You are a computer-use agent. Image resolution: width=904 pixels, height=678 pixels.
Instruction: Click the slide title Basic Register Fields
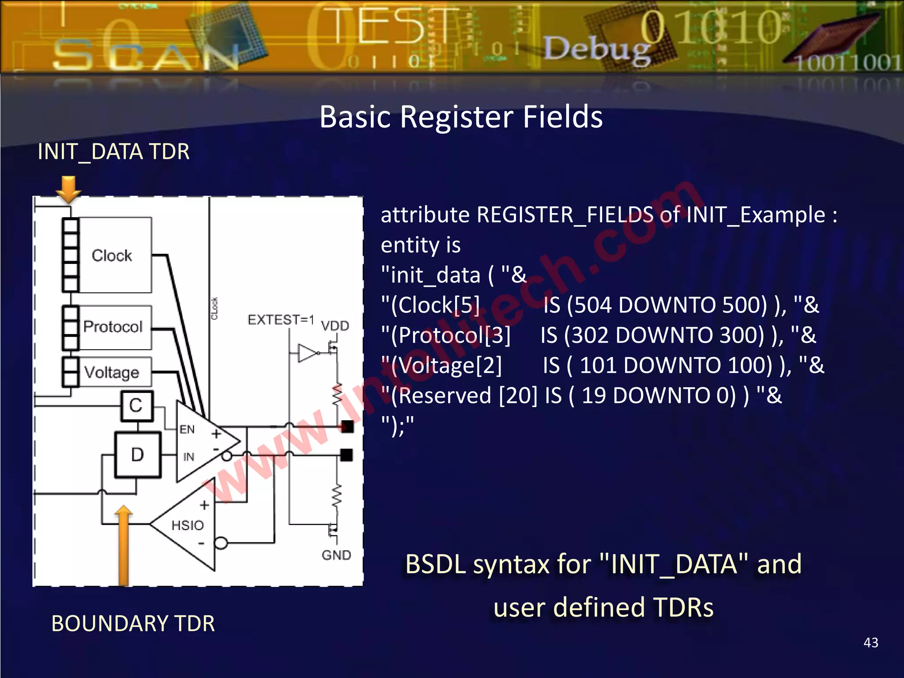point(461,117)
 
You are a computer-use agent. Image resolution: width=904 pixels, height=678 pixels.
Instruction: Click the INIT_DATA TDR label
point(113,152)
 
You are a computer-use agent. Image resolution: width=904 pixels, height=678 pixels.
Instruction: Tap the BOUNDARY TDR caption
point(133,623)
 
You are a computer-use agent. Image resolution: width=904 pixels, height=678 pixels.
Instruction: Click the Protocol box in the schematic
point(114,327)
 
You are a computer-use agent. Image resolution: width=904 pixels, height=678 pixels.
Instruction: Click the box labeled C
point(137,406)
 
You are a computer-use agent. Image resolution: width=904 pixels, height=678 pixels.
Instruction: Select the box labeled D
point(138,455)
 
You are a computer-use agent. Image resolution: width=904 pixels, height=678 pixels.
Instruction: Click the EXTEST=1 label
point(281,319)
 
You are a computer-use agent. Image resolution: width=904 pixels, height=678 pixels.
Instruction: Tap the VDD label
point(335,326)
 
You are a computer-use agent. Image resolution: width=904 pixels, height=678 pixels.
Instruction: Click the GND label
point(336,555)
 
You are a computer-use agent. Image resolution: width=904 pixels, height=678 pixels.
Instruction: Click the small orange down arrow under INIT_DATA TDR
point(68,189)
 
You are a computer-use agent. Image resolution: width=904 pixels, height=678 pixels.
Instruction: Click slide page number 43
point(870,642)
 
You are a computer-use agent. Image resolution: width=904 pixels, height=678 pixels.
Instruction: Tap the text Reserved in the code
point(441,395)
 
